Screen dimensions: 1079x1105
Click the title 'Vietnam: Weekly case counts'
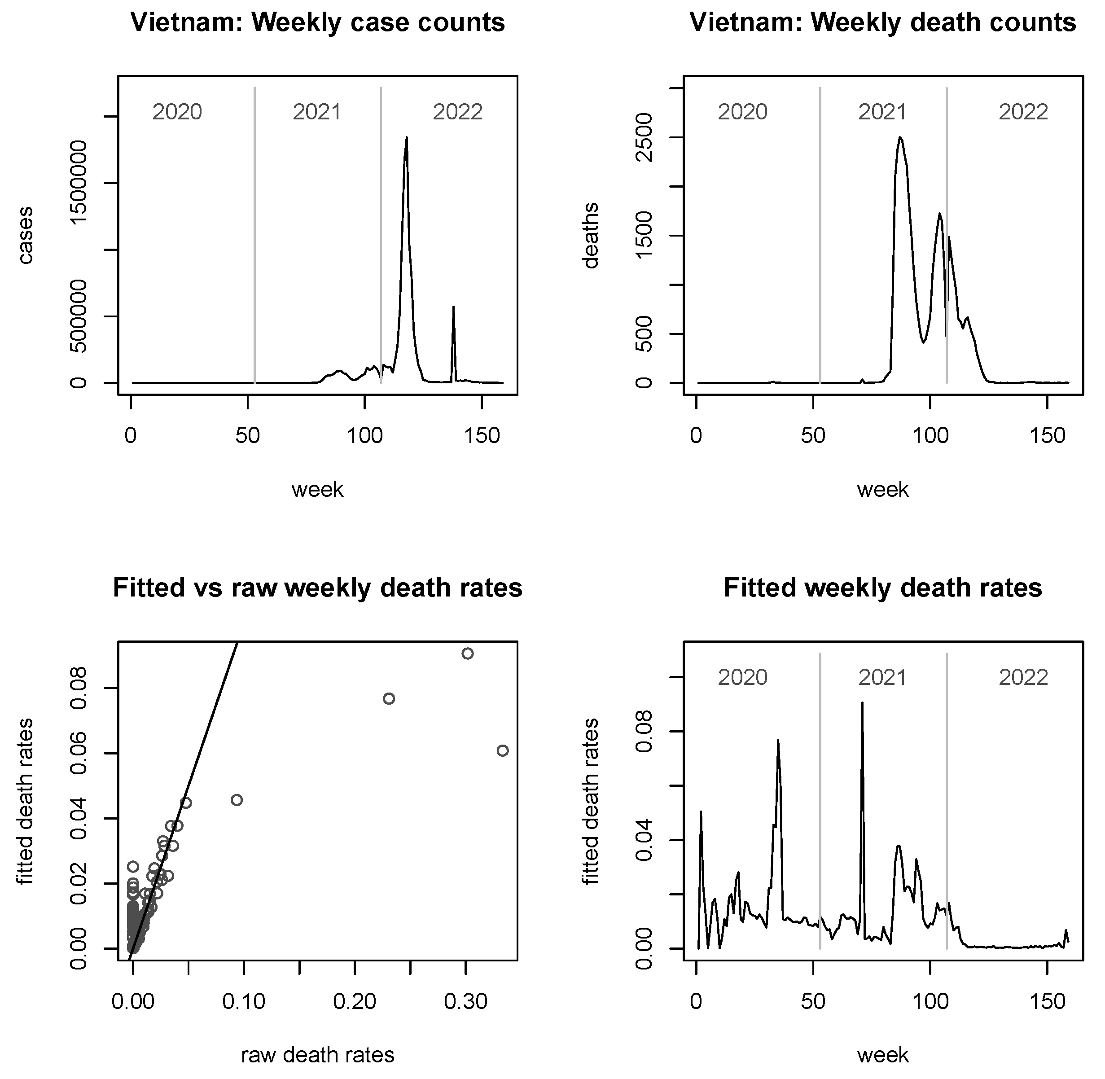tap(317, 23)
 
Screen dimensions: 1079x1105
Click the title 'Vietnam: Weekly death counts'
tap(882, 23)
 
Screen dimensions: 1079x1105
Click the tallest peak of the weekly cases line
tap(406, 138)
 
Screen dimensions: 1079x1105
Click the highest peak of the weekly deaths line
tap(900, 138)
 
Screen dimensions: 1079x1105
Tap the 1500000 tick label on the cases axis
tap(79, 183)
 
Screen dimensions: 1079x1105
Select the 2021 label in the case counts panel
tap(317, 112)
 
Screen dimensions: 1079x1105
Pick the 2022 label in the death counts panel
tap(1023, 112)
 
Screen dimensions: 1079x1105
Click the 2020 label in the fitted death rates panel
tap(742, 677)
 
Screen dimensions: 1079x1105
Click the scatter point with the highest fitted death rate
tap(468, 654)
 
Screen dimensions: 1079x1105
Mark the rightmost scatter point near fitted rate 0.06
tap(503, 751)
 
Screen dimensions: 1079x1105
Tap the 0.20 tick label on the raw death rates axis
tap(354, 1002)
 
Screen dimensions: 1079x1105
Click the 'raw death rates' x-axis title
tap(317, 1055)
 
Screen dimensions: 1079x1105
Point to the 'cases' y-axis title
tap(26, 235)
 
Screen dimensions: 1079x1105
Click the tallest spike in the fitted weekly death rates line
tap(862, 703)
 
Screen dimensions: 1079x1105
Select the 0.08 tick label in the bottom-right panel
tap(645, 732)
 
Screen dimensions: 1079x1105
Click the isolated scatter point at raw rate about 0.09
tap(237, 800)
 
